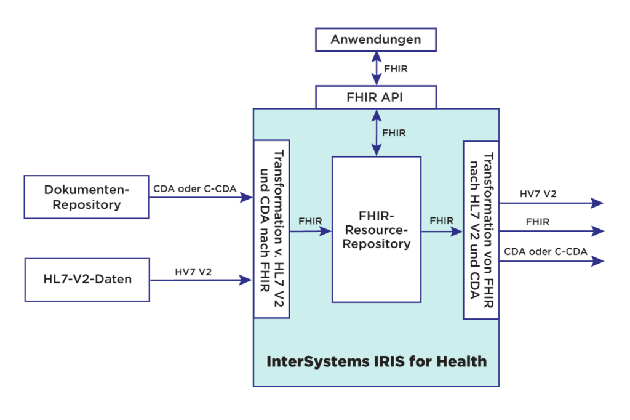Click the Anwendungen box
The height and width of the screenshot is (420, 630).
375,39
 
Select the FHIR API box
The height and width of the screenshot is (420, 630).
375,97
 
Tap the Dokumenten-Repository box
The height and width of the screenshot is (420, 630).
86,196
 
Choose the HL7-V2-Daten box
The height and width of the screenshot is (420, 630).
87,280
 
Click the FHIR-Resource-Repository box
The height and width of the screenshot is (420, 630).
376,229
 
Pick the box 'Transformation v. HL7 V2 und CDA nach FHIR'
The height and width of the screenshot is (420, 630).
271,228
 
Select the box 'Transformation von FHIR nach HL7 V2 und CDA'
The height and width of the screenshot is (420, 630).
480,230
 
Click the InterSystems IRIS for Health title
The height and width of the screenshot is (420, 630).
376,361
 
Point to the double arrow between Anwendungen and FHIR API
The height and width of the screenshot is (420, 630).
376,68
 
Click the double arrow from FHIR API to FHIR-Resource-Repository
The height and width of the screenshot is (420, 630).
376,132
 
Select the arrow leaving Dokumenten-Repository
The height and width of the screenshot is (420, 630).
201,198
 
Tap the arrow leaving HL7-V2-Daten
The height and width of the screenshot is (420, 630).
201,280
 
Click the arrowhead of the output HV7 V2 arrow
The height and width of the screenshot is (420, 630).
597,203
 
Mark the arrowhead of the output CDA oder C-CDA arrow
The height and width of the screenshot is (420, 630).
597,261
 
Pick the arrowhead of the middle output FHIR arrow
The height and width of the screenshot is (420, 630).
597,231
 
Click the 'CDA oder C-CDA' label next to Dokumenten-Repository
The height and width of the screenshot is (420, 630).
194,188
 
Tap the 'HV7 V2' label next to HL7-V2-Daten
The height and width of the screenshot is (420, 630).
193,271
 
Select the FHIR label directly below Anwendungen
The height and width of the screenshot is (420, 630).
395,69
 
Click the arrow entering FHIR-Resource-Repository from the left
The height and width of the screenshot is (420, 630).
311,232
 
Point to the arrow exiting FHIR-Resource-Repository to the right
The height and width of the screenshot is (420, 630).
442,232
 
